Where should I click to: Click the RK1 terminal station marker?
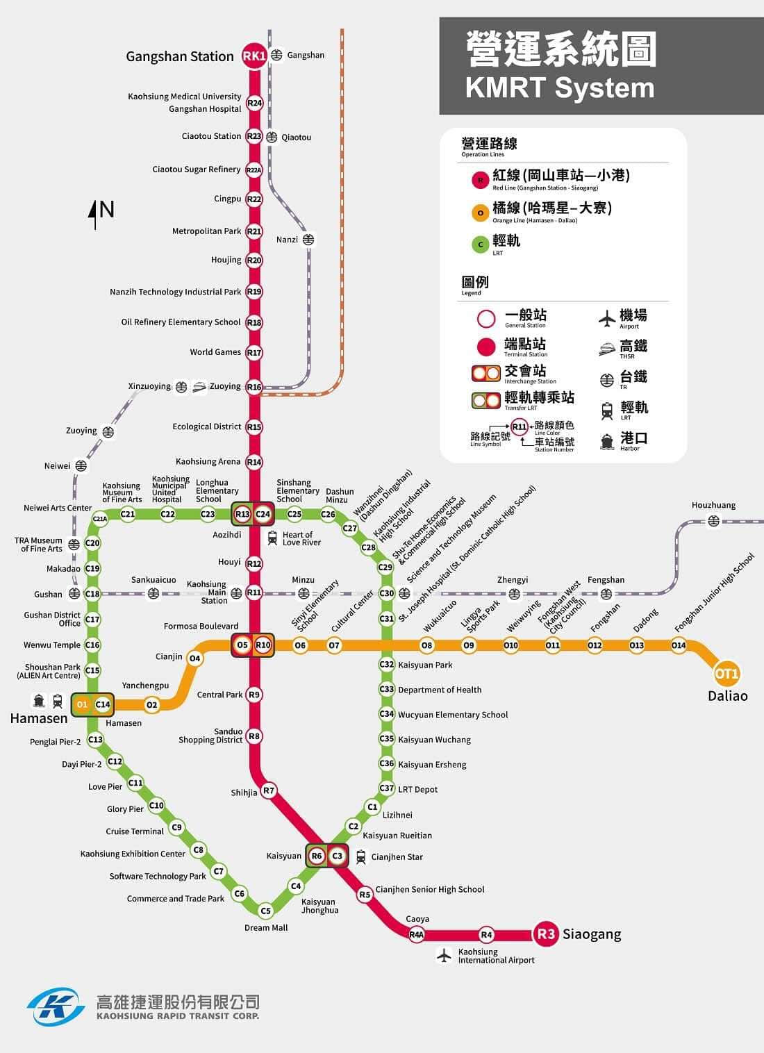coord(254,56)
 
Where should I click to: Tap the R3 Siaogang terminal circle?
coord(546,934)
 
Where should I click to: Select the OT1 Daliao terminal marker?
coord(726,674)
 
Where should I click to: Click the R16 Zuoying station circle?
coord(254,387)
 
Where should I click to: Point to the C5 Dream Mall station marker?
coord(265,911)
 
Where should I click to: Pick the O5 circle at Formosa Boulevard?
coord(242,645)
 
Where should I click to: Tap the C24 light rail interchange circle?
coord(263,515)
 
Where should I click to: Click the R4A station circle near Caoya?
coord(416,935)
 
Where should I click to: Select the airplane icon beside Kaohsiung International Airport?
coord(444,955)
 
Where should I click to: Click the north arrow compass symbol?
coord(95,213)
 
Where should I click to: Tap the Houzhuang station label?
coord(713,505)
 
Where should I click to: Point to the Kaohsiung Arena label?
coord(208,461)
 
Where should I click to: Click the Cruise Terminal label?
coord(135,831)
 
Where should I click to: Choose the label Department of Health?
coord(440,690)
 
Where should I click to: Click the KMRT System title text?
coord(560,88)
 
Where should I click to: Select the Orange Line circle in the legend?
coord(480,213)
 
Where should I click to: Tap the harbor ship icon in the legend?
coord(607,441)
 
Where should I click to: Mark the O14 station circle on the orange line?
coord(679,645)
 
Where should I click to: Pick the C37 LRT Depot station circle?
coord(387,788)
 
